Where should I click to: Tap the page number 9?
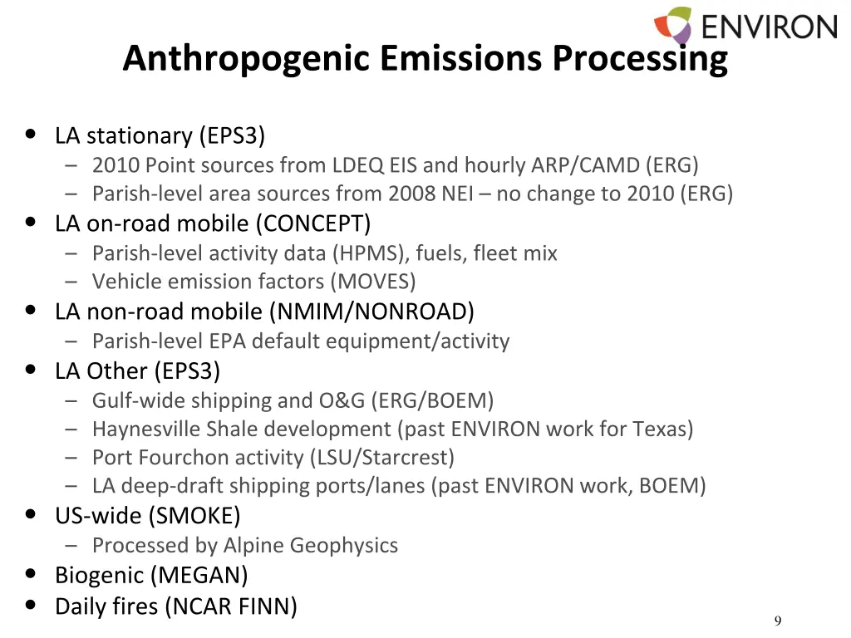777,621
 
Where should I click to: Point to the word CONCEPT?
312,223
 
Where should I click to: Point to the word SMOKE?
194,516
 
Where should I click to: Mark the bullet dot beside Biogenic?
31,574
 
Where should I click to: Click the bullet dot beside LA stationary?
31,134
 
